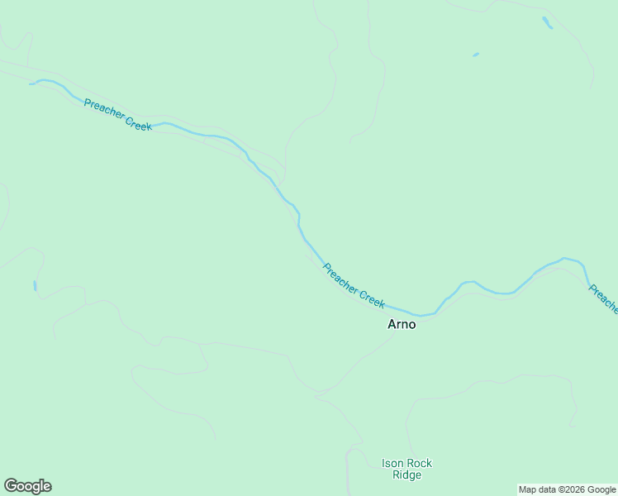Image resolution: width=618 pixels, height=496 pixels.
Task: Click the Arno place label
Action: coord(402,324)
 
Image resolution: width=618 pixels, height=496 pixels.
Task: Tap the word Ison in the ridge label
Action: coord(392,464)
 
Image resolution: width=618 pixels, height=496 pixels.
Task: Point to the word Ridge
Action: coord(406,475)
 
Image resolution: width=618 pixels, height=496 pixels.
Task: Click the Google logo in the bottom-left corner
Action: coord(27,486)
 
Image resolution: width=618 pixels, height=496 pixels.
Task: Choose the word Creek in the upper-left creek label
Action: coord(138,125)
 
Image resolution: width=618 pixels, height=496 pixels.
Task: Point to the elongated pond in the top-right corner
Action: coord(547,23)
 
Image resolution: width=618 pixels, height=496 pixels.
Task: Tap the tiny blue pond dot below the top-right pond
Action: coord(475,55)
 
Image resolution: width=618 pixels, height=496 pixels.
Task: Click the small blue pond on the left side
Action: coord(35,285)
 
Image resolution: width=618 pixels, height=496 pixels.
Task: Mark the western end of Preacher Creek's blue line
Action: coord(31,83)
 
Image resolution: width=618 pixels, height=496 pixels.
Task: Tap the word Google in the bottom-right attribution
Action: coord(602,489)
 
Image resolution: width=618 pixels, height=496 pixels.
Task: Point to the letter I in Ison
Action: coord(383,464)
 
